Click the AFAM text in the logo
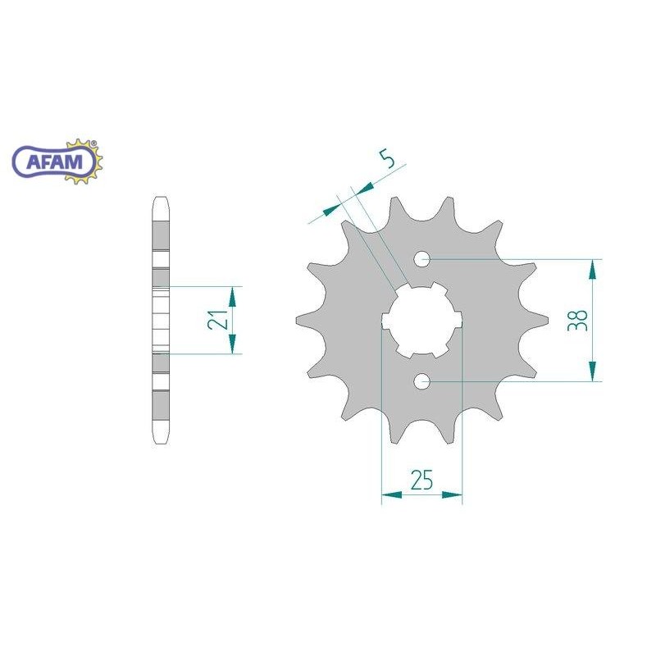click(54, 162)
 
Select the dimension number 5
click(388, 159)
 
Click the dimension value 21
click(217, 320)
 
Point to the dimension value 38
click(577, 321)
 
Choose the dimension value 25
click(421, 480)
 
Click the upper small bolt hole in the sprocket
click(422, 259)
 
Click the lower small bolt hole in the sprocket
click(422, 381)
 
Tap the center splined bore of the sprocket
click(422, 320)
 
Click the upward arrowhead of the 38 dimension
click(592, 269)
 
